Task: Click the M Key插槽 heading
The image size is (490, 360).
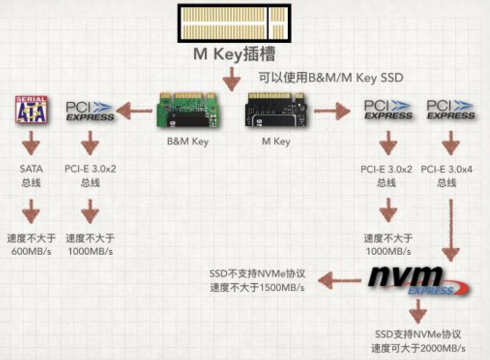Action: pyautogui.click(x=234, y=54)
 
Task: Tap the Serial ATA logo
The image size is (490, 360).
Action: pyautogui.click(x=31, y=109)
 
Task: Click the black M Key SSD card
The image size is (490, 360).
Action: pyautogui.click(x=276, y=110)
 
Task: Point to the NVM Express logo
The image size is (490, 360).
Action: pyautogui.click(x=418, y=281)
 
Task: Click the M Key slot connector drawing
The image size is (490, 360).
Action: pyautogui.click(x=235, y=23)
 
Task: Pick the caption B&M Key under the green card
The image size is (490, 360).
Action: pyautogui.click(x=188, y=141)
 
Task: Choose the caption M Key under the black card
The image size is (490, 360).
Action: pyautogui.click(x=276, y=141)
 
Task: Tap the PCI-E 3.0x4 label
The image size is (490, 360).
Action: pyautogui.click(x=447, y=169)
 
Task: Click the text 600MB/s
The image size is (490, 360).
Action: pyautogui.click(x=31, y=251)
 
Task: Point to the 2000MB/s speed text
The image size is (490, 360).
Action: pyautogui.click(x=442, y=348)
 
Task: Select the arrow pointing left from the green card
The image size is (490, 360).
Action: pyautogui.click(x=134, y=110)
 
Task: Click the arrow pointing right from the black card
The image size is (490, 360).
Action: pyautogui.click(x=332, y=111)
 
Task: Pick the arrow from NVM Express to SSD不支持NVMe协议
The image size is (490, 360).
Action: pyautogui.click(x=340, y=280)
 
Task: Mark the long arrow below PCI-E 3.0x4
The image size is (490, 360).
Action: pyautogui.click(x=451, y=230)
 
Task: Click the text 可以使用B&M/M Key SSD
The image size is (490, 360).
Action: pyautogui.click(x=331, y=77)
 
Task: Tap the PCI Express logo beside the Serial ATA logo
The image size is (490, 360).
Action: pyautogui.click(x=90, y=111)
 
